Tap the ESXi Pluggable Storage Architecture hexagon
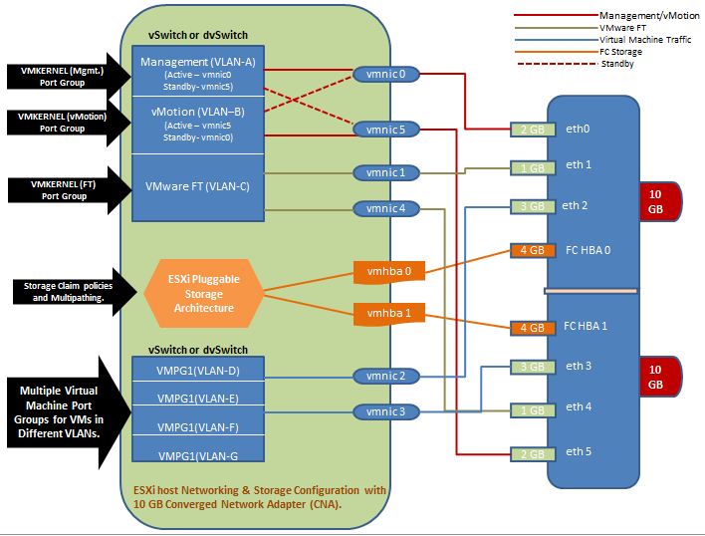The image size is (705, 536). click(x=204, y=293)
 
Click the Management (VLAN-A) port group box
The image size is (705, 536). click(x=198, y=74)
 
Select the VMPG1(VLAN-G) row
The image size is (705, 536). click(x=198, y=453)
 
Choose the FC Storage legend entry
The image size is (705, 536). click(x=597, y=51)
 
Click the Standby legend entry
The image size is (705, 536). click(x=597, y=63)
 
